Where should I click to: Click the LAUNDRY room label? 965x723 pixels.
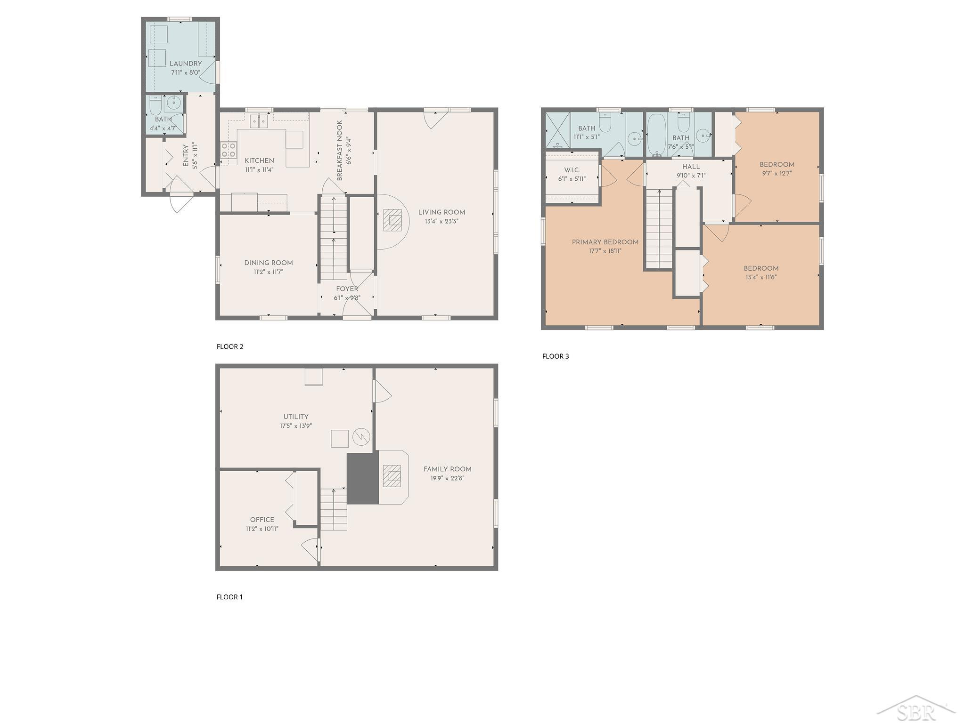186,64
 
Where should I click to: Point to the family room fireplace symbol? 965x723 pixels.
392,476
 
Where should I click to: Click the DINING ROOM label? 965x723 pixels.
269,263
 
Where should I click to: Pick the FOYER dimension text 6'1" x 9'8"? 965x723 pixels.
347,297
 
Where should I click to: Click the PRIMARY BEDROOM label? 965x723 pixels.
605,242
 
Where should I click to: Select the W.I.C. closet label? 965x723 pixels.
572,170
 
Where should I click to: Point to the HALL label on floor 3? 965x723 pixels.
691,167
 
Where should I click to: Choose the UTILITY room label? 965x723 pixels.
296,417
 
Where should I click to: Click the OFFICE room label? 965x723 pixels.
262,520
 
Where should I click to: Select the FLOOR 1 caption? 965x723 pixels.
229,597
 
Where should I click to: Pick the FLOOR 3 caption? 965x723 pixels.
556,356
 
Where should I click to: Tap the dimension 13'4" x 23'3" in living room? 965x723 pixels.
442,221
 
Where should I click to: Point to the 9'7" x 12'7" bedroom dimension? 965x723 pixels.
777,173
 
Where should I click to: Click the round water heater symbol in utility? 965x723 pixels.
361,438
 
